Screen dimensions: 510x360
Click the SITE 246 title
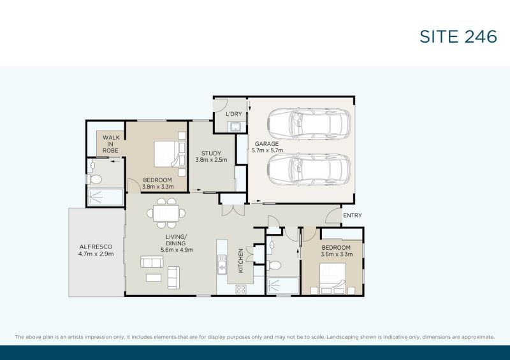pyautogui.click(x=458, y=36)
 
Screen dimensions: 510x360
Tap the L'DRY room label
pyautogui.click(x=234, y=114)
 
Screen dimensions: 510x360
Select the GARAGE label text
pyautogui.click(x=266, y=144)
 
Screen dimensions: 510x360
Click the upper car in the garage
pyautogui.click(x=309, y=124)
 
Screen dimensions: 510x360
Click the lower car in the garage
pyautogui.click(x=309, y=169)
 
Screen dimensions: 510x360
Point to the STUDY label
pyautogui.click(x=211, y=153)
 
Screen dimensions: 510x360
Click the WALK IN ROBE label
pyautogui.click(x=110, y=144)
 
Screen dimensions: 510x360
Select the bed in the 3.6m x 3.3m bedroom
pyautogui.click(x=333, y=278)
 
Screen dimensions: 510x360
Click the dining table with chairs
pyautogui.click(x=166, y=213)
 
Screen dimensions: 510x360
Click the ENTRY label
pyautogui.click(x=353, y=215)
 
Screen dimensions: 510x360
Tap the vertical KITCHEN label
pyautogui.click(x=241, y=261)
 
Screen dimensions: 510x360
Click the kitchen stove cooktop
pyautogui.click(x=241, y=289)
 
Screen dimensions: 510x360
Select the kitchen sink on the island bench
pyautogui.click(x=222, y=264)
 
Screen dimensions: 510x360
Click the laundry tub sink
pyautogui.click(x=235, y=127)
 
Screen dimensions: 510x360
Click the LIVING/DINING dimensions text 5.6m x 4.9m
pyautogui.click(x=177, y=250)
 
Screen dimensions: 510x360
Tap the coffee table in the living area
pyautogui.click(x=154, y=278)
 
